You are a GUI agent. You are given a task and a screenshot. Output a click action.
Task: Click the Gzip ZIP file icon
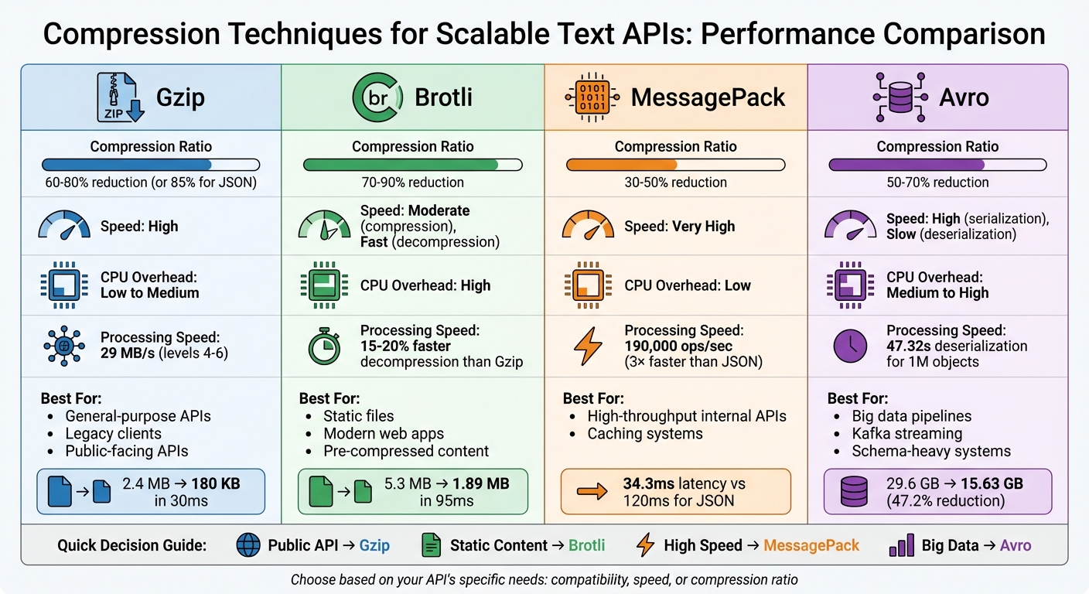pos(120,97)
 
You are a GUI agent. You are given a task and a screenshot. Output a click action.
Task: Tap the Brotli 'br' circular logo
pos(377,97)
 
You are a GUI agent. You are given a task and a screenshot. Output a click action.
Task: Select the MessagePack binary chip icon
pos(592,97)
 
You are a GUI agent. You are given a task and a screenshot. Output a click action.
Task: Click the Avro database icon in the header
pos(900,97)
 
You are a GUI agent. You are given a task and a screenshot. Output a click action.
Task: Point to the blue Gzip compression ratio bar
pos(127,165)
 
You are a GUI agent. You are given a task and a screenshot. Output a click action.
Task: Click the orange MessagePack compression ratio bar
pos(622,165)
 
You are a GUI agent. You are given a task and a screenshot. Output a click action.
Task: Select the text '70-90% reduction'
pos(412,183)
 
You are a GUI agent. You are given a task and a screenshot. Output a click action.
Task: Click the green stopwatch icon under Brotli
pos(325,346)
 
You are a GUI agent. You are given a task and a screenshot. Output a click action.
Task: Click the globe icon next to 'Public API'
pos(247,545)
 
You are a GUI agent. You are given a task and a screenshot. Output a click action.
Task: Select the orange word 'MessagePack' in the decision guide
pos(811,545)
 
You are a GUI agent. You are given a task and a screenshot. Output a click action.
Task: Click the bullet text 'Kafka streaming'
pos(907,433)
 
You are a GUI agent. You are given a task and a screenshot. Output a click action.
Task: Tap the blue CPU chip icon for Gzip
pos(60,285)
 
